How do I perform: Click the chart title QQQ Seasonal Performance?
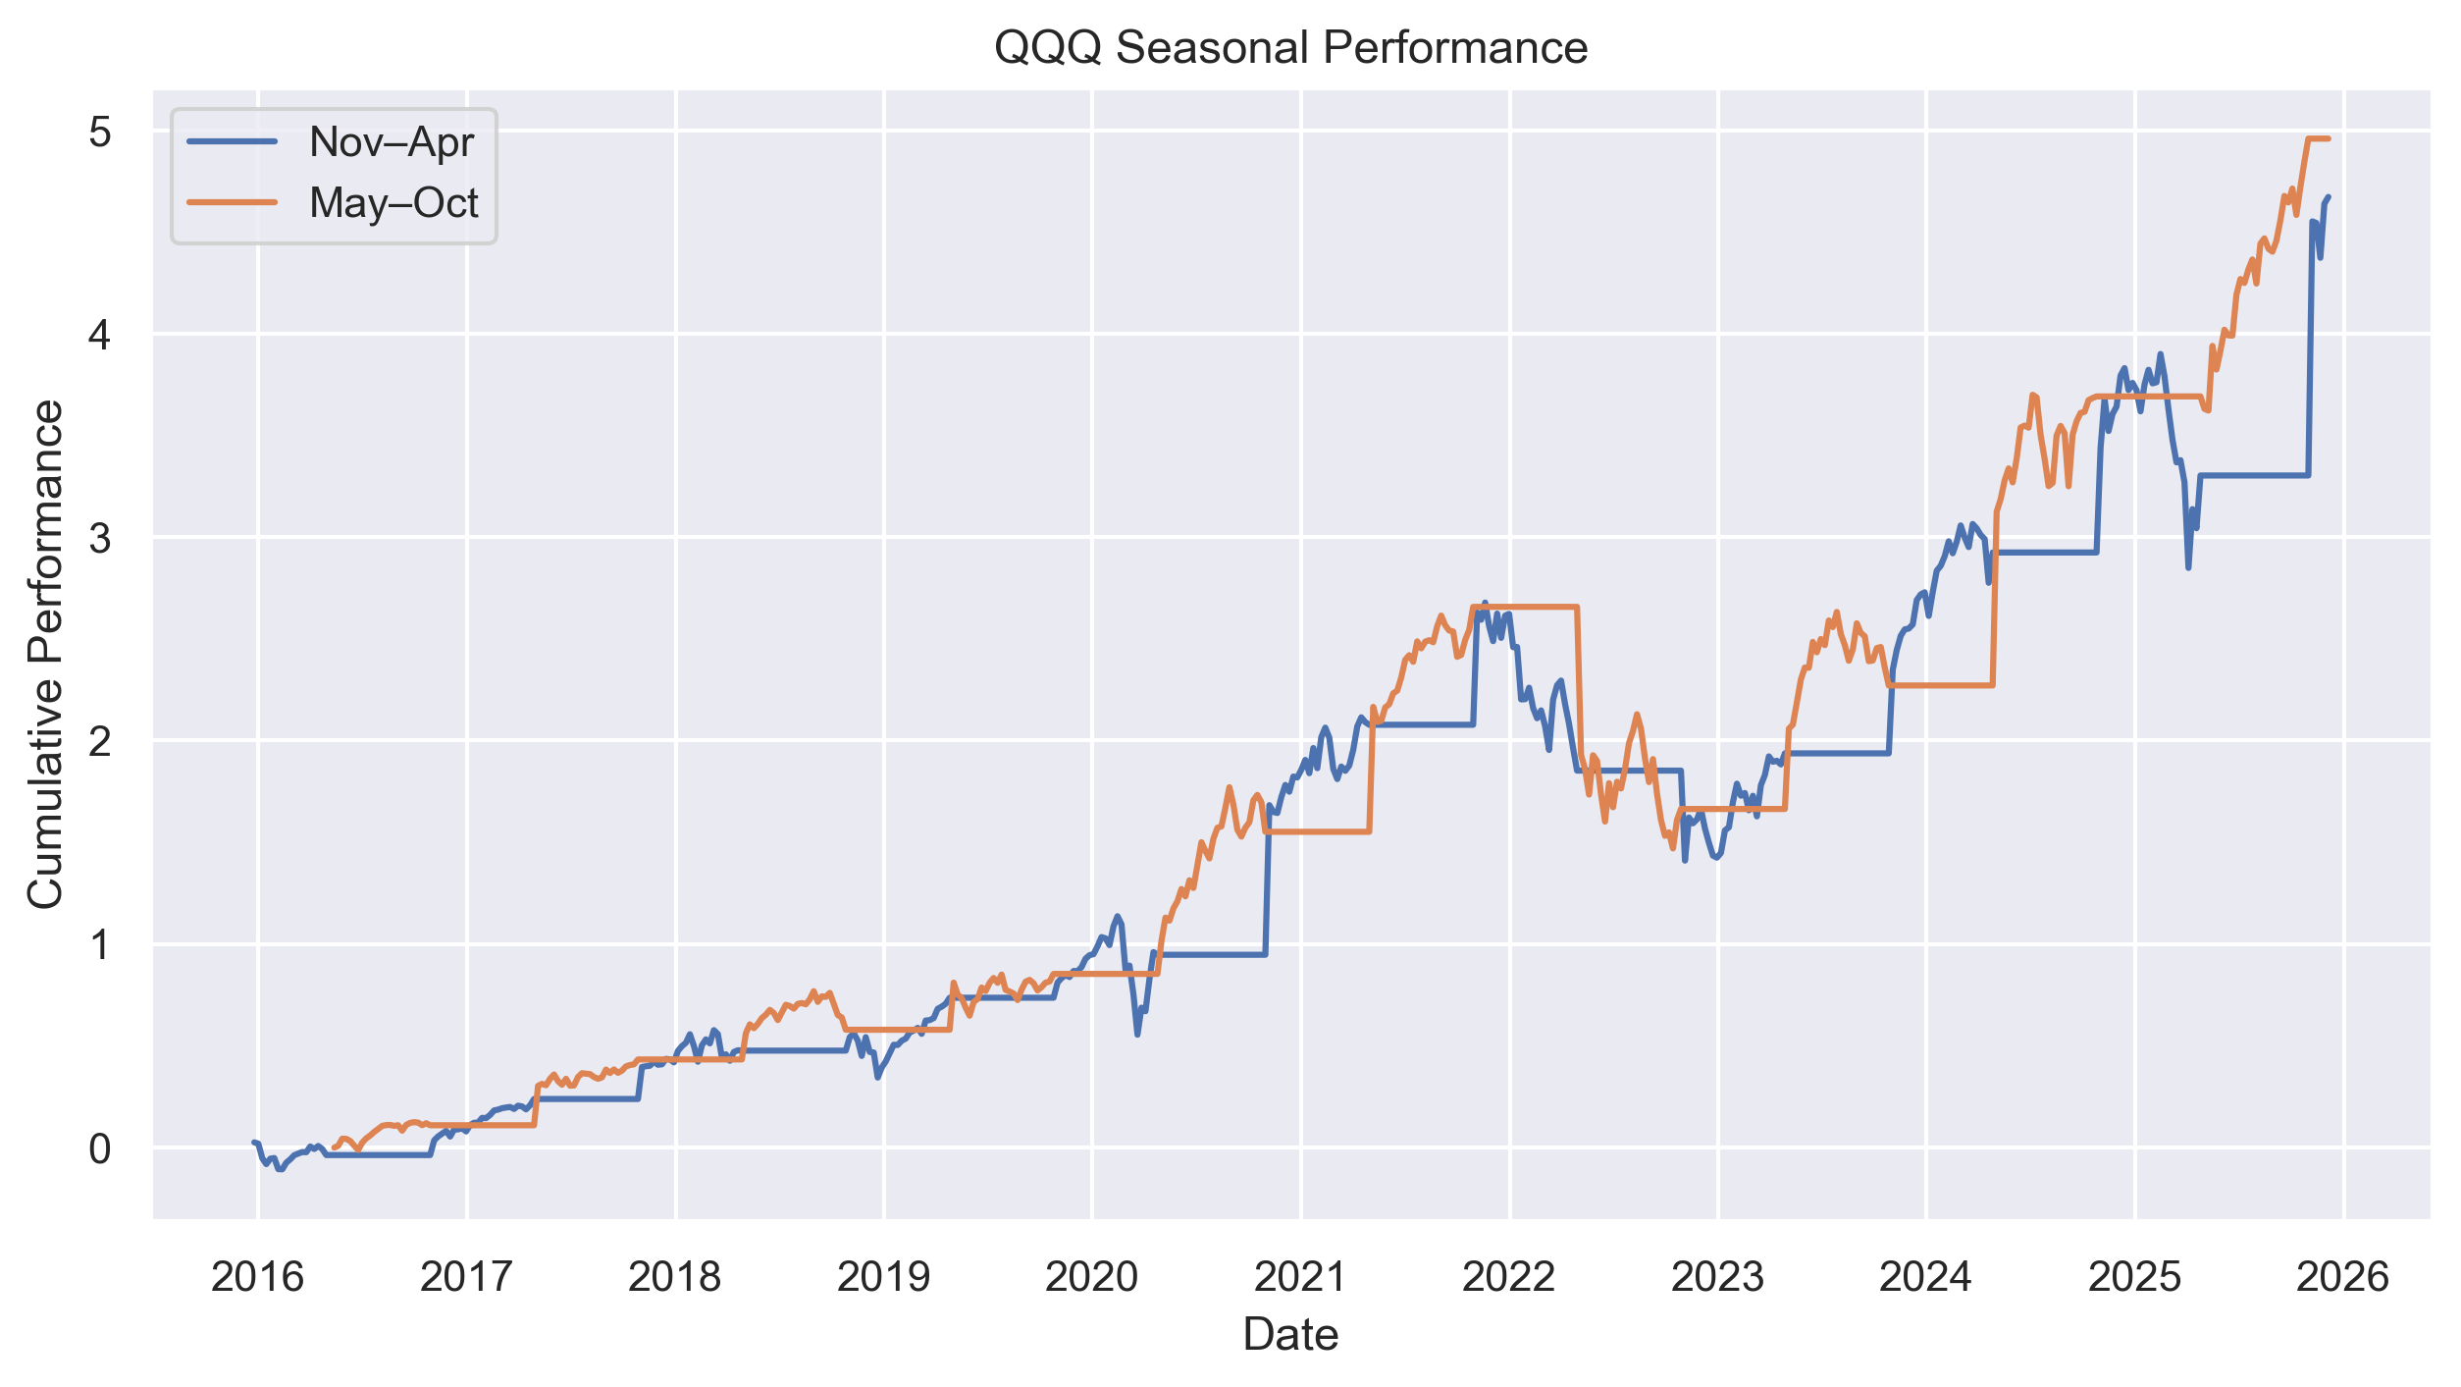(x=1290, y=47)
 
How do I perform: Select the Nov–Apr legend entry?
(x=391, y=142)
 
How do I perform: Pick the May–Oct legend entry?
(x=393, y=203)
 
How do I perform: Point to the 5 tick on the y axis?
(x=99, y=132)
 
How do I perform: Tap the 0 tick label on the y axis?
(x=99, y=1148)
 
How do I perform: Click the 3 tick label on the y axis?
(x=99, y=538)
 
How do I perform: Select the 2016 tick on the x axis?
(x=258, y=1277)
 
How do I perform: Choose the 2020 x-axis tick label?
(x=1092, y=1277)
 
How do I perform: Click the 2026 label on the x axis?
(x=2343, y=1277)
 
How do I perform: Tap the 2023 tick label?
(x=1717, y=1277)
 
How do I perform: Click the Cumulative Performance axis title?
(x=45, y=655)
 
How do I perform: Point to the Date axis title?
(x=1290, y=1335)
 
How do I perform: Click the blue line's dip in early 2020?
(x=1137, y=1035)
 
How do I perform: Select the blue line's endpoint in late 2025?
(x=2329, y=197)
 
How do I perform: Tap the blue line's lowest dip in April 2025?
(x=2188, y=567)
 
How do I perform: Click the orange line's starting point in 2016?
(x=335, y=1147)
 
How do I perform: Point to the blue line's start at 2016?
(x=254, y=1142)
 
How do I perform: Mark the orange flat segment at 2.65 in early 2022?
(x=1526, y=607)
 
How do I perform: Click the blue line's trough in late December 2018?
(x=878, y=1077)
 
